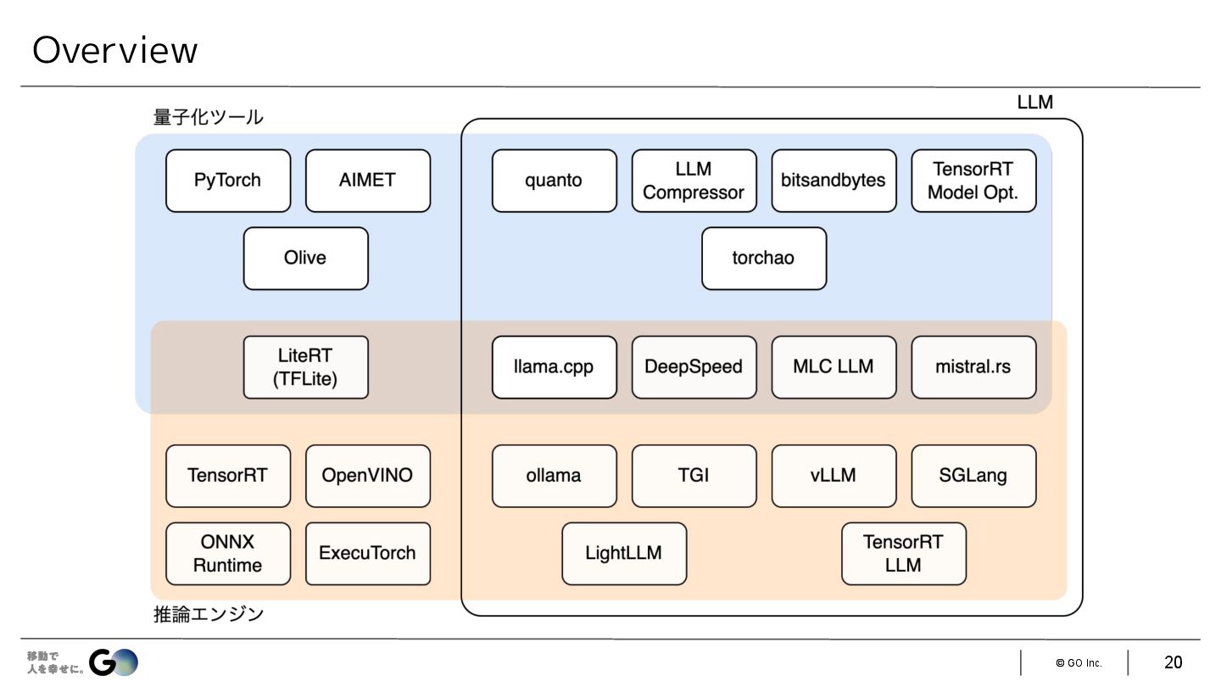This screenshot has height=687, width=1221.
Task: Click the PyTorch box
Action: click(x=228, y=181)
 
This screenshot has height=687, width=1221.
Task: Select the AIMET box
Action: click(x=368, y=181)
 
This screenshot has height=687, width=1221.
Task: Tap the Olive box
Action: click(x=305, y=258)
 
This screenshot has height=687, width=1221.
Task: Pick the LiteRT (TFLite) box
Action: click(x=305, y=367)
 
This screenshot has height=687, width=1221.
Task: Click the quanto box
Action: click(x=554, y=181)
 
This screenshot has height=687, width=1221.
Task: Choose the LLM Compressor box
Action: click(x=694, y=181)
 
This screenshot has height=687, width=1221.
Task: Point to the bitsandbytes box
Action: click(x=834, y=181)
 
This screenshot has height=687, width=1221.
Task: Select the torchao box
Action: click(x=763, y=258)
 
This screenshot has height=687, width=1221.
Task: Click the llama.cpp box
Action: click(x=554, y=367)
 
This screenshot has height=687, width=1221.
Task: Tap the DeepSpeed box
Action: click(x=694, y=367)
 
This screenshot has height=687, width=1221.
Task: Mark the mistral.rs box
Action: click(x=973, y=367)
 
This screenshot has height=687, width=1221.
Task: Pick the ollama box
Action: click(x=554, y=476)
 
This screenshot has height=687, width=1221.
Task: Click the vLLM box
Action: click(x=834, y=476)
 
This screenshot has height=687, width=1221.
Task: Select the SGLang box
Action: click(x=973, y=476)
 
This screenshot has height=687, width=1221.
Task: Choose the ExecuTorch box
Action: click(x=368, y=553)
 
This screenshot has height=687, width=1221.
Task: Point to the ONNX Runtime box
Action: click(x=228, y=553)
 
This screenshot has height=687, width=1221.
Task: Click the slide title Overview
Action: click(x=114, y=51)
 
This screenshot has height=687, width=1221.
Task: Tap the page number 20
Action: click(x=1173, y=662)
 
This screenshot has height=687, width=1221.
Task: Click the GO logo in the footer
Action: click(x=114, y=662)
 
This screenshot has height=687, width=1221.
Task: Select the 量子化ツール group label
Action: click(x=209, y=117)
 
